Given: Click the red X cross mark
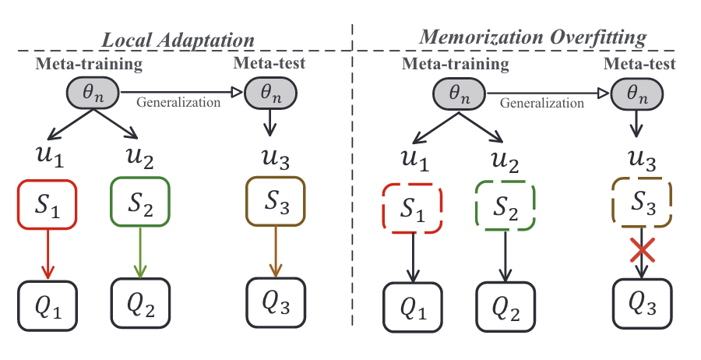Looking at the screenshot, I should point(641,251).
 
